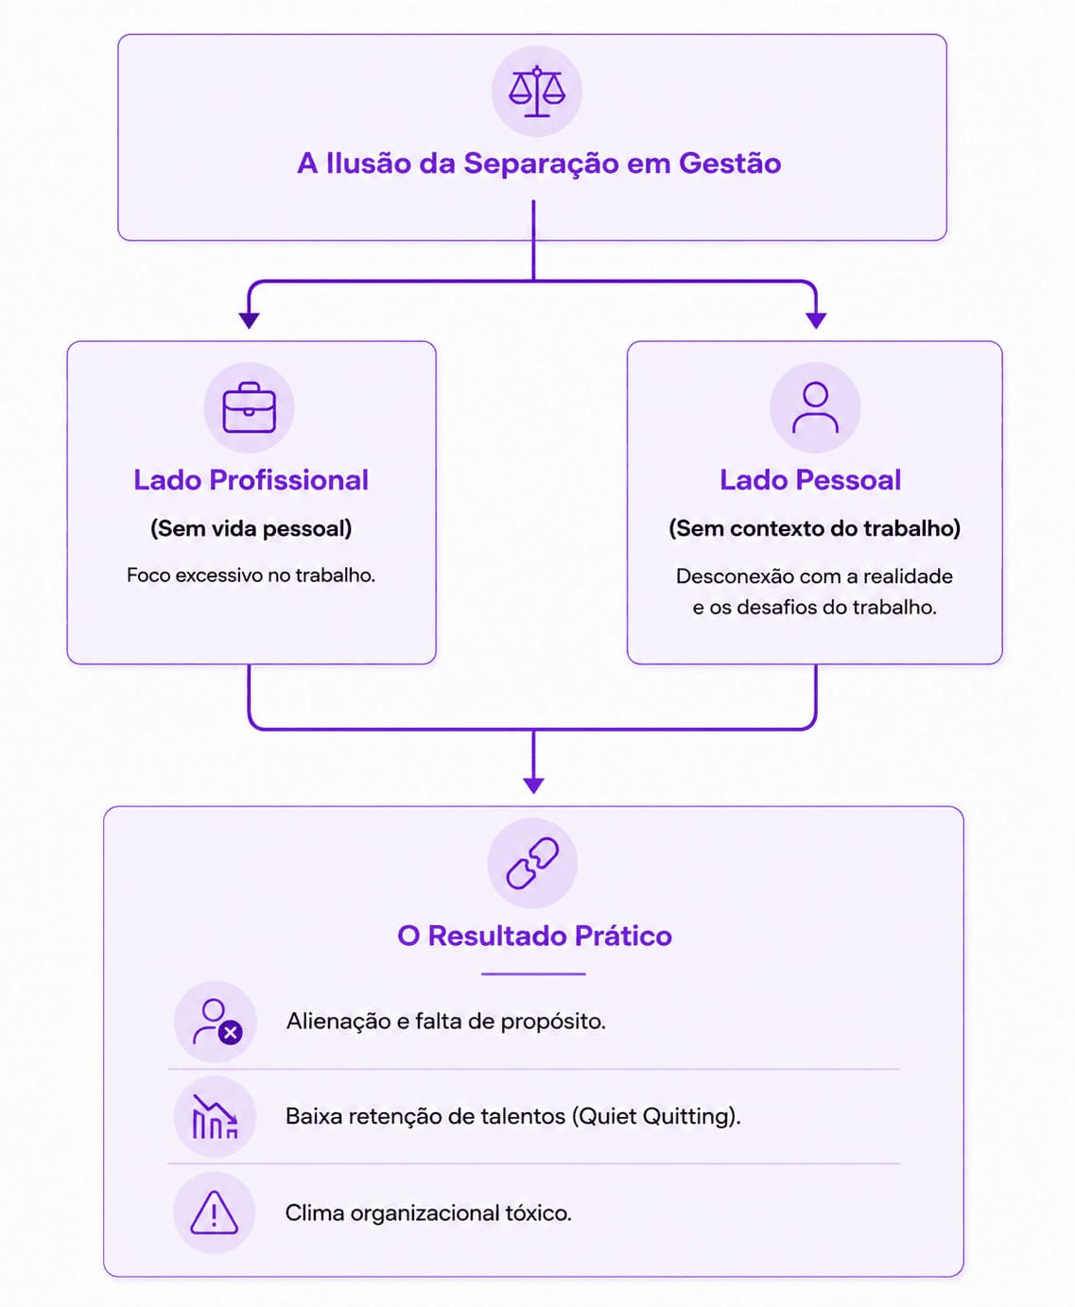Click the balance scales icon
[x=537, y=91]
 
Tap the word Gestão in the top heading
[x=730, y=163]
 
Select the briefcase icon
[x=250, y=407]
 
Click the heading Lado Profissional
[x=251, y=480]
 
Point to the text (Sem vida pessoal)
[x=251, y=528]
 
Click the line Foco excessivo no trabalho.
[x=251, y=576]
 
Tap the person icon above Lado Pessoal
[x=815, y=407]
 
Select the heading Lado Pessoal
[x=810, y=480]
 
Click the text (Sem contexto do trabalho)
[x=815, y=528]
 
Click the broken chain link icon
[x=532, y=863]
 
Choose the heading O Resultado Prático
[x=534, y=937]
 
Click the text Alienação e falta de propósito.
[x=445, y=1022]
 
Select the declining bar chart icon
[x=215, y=1116]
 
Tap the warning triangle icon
[x=214, y=1213]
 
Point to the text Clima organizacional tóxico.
[x=428, y=1212]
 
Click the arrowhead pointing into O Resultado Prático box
[x=534, y=785]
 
